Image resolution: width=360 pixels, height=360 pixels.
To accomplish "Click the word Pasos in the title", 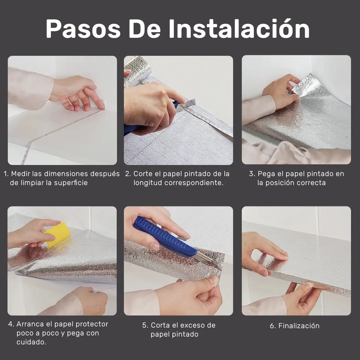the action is pyautogui.click(x=83, y=29).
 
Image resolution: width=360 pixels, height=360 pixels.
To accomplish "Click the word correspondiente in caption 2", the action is pyautogui.click(x=194, y=183).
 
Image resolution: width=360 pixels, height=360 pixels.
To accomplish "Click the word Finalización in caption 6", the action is pyautogui.click(x=299, y=325).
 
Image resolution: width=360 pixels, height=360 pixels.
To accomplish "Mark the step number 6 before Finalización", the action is pyautogui.click(x=272, y=326).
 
